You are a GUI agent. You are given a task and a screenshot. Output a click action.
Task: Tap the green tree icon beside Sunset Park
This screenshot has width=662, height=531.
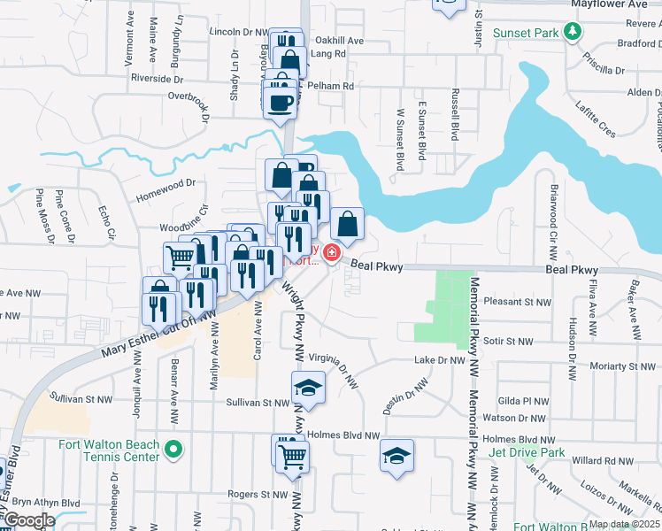tap(573, 33)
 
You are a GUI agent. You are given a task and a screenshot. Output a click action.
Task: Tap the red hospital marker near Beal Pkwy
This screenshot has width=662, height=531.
tap(332, 255)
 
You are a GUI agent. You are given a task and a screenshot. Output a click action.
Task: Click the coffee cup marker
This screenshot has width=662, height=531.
tap(281, 104)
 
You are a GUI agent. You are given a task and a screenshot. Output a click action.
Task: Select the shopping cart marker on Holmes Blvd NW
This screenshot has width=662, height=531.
tap(292, 457)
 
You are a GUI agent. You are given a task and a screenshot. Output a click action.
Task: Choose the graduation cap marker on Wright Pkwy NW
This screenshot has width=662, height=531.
tap(308, 388)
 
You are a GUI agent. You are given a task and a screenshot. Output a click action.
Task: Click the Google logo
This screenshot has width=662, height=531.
tap(28, 520)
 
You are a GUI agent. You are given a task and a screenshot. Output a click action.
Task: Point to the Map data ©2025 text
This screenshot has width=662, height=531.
tap(624, 524)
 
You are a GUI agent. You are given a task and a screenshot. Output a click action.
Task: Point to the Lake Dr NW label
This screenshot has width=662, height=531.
tap(440, 360)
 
